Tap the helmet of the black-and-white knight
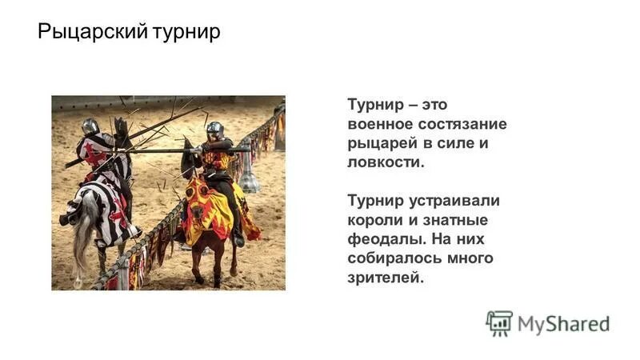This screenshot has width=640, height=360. coord(90,126)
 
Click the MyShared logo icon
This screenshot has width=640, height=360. coord(499,322)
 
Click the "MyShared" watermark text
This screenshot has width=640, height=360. coord(563,323)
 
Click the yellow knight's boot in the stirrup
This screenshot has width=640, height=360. coord(238,238)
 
